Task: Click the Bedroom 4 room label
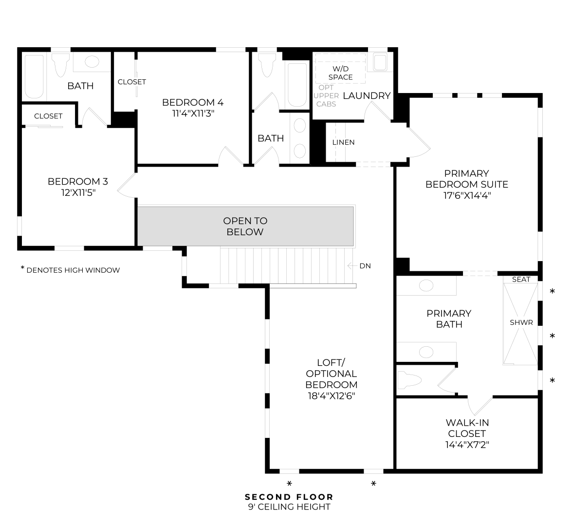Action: click(x=193, y=102)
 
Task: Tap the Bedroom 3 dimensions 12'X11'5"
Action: click(x=78, y=192)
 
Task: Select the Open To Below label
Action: click(x=245, y=226)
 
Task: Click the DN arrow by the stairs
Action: click(x=352, y=266)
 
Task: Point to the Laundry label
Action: click(x=367, y=95)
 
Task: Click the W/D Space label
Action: click(x=340, y=73)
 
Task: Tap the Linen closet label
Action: click(x=343, y=142)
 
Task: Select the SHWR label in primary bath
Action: click(x=521, y=322)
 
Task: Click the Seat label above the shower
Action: click(x=521, y=279)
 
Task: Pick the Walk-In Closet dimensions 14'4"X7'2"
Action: click(x=467, y=445)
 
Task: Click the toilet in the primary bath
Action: click(x=409, y=380)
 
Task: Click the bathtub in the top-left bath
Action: click(x=34, y=76)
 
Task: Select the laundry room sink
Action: click(x=380, y=62)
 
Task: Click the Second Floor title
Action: click(x=289, y=497)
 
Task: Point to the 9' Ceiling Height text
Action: click(x=289, y=507)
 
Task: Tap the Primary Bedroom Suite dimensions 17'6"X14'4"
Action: click(x=467, y=195)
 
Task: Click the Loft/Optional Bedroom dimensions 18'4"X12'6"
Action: click(x=331, y=395)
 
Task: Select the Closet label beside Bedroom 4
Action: click(x=132, y=82)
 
